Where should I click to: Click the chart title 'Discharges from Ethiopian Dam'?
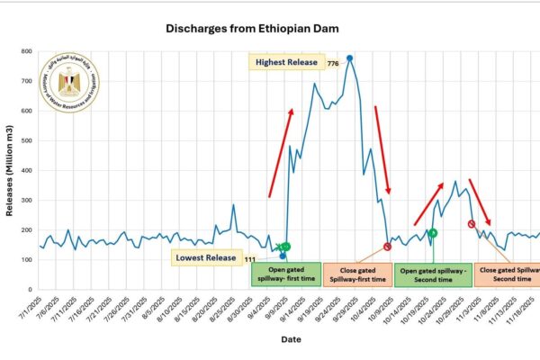click(x=256, y=29)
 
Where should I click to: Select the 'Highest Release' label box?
click(x=287, y=61)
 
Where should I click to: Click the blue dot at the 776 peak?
click(x=349, y=58)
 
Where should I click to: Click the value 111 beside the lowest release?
click(x=250, y=259)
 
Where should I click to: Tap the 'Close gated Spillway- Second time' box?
click(x=508, y=274)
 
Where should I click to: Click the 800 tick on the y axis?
click(x=27, y=51)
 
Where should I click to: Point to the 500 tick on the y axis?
click(x=27, y=140)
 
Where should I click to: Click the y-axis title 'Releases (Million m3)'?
click(x=10, y=171)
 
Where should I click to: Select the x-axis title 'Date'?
click(x=290, y=340)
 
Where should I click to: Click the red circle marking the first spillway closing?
click(x=387, y=247)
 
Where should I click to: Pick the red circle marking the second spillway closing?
click(x=471, y=223)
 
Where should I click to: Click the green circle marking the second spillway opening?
click(x=432, y=233)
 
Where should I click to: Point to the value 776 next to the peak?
click(x=333, y=63)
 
